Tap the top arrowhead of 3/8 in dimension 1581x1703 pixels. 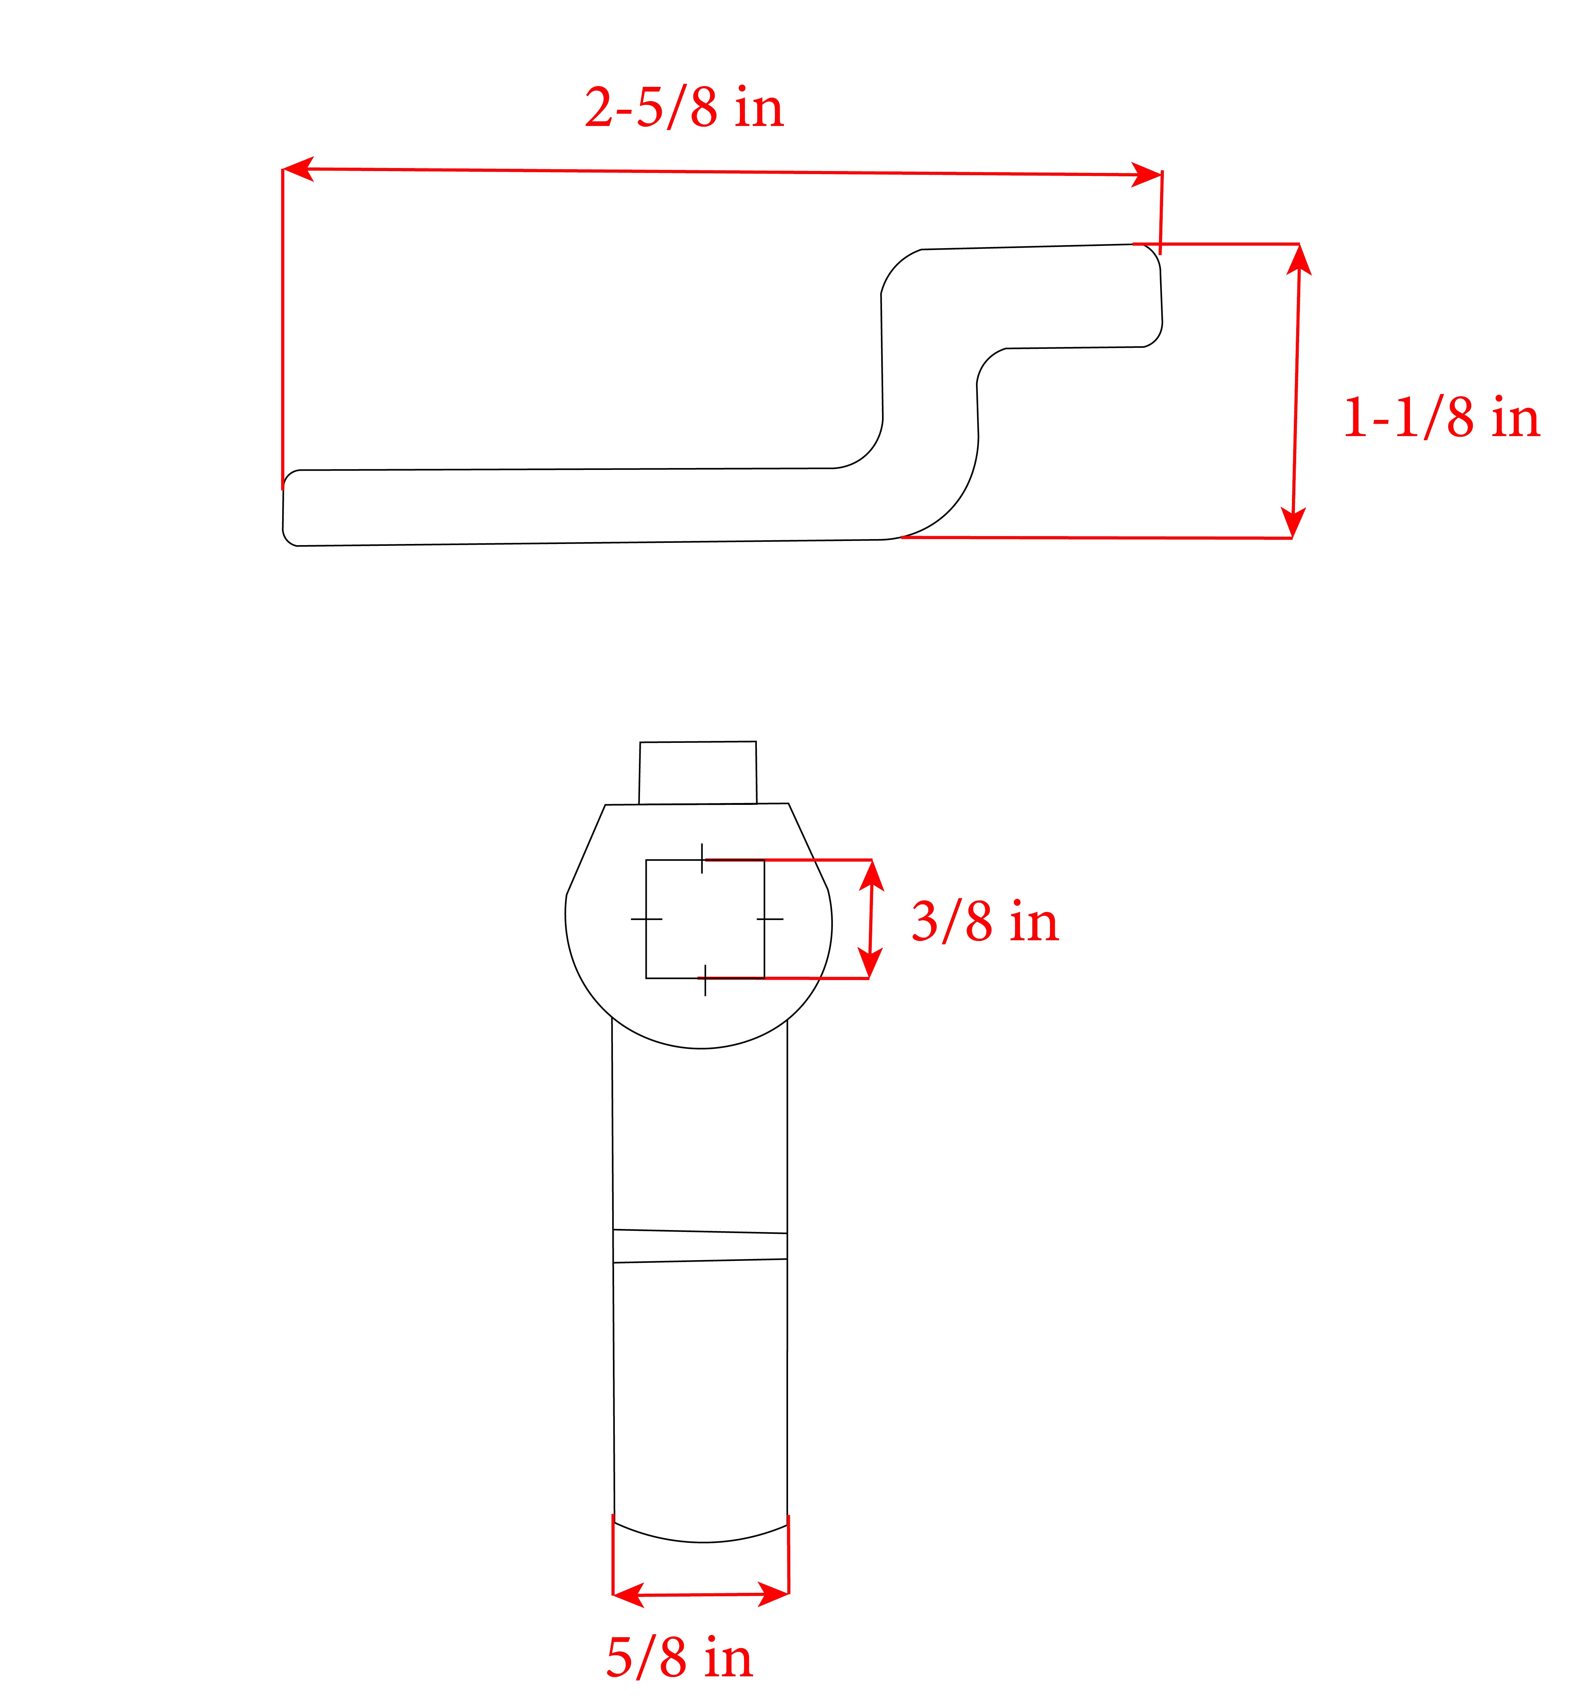tap(872, 873)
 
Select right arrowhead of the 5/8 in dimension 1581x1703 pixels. tap(774, 1594)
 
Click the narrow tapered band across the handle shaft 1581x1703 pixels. tap(700, 1246)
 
